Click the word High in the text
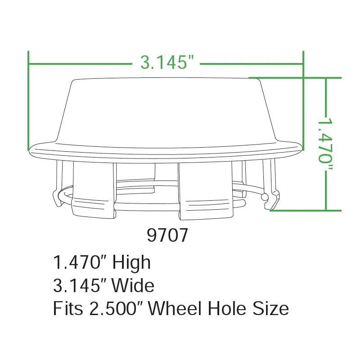[131, 262]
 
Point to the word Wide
[133, 285]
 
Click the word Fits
[68, 308]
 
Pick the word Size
[271, 308]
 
